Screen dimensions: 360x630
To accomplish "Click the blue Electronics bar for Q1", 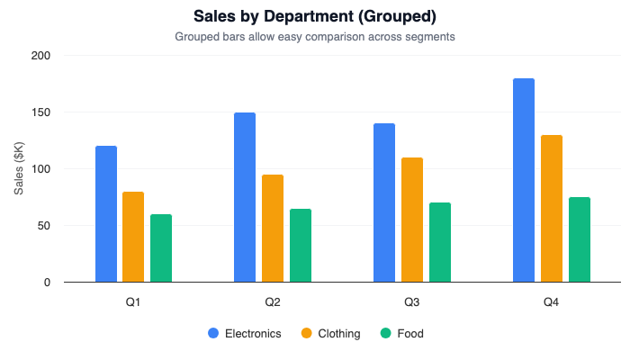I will point(106,214).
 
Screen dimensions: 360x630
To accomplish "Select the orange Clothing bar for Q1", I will point(133,237).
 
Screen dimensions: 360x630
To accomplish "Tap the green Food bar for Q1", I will point(161,248).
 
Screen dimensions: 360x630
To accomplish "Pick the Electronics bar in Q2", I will point(245,197).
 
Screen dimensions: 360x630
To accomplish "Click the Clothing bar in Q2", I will point(273,229).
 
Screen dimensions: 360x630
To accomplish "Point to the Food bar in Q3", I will point(440,242).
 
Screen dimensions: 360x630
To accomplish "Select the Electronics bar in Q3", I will point(384,202).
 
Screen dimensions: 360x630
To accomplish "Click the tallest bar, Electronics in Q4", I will point(524,180).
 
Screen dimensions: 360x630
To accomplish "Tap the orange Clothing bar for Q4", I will point(552,209).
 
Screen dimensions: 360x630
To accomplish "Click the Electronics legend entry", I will point(245,333).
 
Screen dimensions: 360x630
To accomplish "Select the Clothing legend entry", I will point(330,333).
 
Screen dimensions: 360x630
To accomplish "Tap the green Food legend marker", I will point(386,333).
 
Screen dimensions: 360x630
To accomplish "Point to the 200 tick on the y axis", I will point(41,56).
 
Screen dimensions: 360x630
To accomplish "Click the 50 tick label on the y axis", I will point(44,226).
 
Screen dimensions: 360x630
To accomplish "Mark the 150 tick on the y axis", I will point(41,112).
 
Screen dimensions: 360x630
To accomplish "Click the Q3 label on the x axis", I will point(412,301).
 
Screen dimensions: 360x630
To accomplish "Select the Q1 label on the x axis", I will point(133,301).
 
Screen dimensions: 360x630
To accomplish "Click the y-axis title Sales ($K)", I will point(19,169).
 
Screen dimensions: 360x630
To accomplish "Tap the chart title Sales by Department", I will point(315,17).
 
